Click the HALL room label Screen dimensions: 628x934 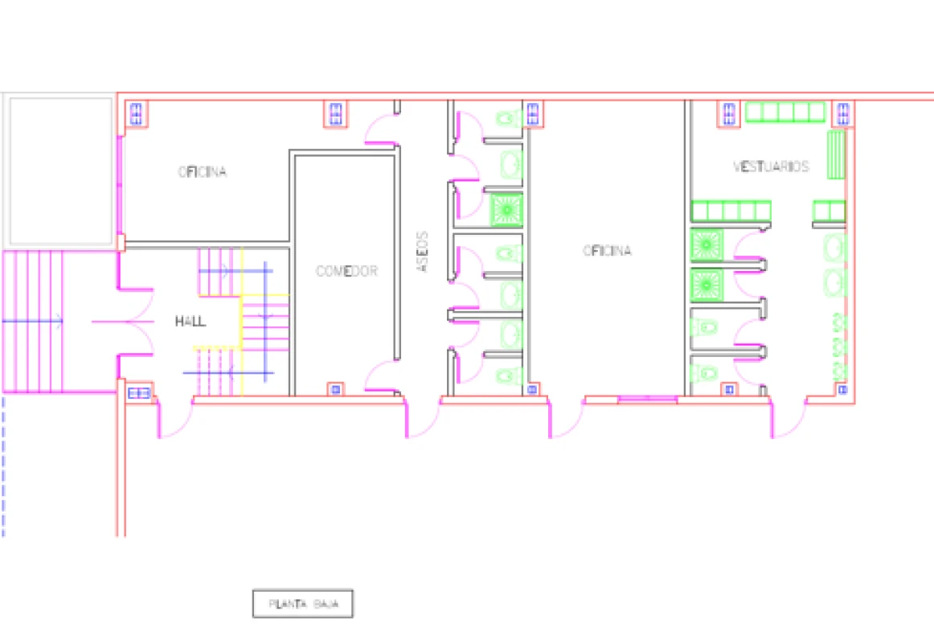[x=190, y=322]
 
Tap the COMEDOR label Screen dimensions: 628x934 [x=346, y=271]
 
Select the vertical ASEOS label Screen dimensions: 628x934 [x=423, y=253]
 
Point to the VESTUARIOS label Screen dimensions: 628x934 [x=771, y=166]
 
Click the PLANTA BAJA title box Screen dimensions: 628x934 [x=303, y=603]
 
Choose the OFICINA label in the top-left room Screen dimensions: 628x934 [x=203, y=172]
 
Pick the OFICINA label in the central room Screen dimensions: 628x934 [x=607, y=251]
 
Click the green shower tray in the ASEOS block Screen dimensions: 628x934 [x=507, y=209]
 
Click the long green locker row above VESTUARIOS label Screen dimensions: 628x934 [x=786, y=112]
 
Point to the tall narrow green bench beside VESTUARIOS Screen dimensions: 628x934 [x=837, y=154]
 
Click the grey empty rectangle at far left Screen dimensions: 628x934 [x=60, y=171]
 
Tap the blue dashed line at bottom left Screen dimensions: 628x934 [x=3, y=466]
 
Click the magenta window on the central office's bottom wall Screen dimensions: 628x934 [x=647, y=398]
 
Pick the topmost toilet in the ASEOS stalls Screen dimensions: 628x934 [x=506, y=119]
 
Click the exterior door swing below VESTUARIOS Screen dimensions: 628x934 [x=789, y=420]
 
